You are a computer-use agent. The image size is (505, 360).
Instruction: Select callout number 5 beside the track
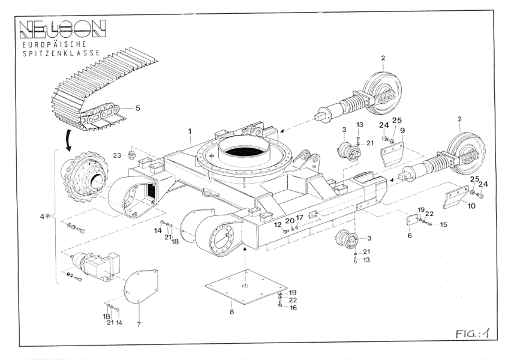click(x=138, y=108)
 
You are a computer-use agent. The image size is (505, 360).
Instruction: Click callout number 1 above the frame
click(x=190, y=130)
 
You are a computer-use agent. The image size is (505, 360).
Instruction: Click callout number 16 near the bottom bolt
click(x=293, y=307)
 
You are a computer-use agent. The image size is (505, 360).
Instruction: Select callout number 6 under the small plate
click(x=409, y=236)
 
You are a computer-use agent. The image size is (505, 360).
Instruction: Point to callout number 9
click(x=403, y=130)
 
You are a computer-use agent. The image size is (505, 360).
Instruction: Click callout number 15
click(x=444, y=224)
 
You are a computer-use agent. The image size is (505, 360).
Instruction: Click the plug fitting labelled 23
click(x=131, y=156)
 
